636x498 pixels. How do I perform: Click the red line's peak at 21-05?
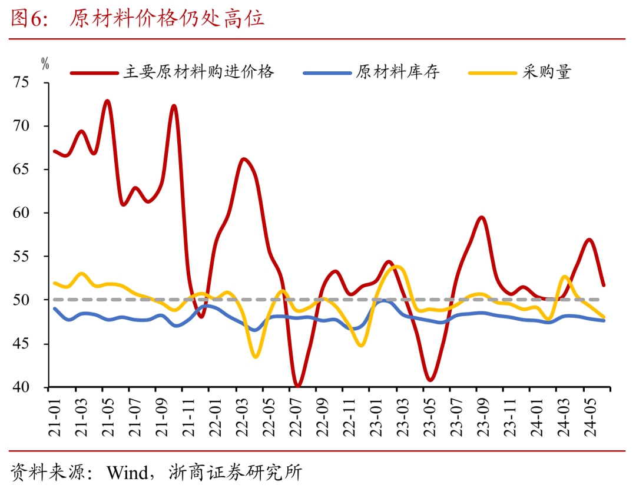pos(107,101)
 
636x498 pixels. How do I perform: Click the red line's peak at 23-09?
pos(482,217)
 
